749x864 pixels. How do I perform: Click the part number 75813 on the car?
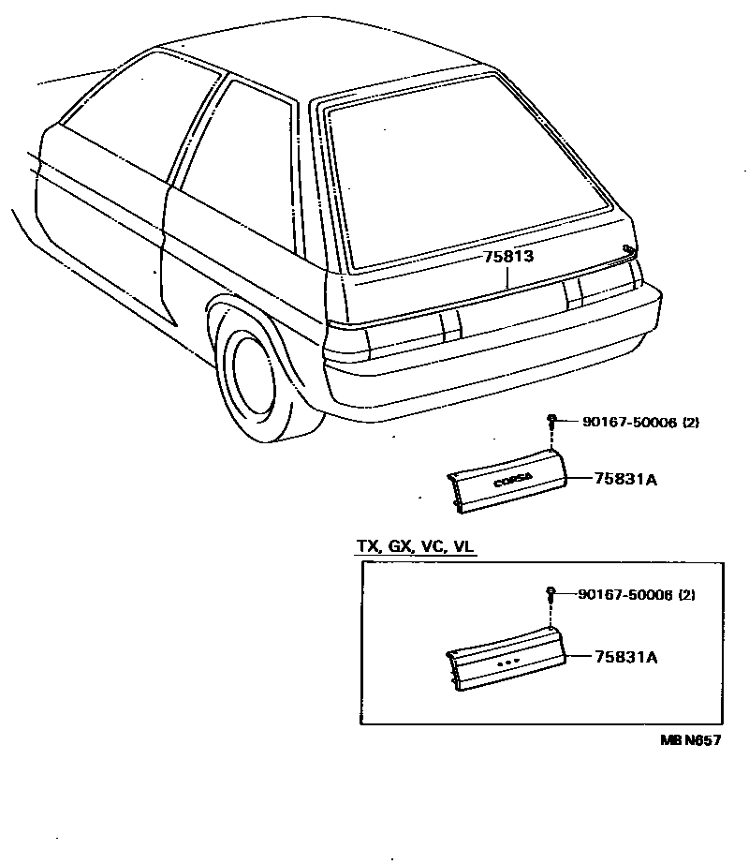[508, 257]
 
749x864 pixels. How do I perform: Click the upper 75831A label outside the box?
[625, 480]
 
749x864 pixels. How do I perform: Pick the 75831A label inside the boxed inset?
[625, 658]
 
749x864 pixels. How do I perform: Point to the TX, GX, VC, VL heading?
[415, 547]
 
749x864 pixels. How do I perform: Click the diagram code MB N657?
[690, 740]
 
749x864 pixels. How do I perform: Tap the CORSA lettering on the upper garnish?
[513, 479]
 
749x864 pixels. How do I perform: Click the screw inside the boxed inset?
[551, 593]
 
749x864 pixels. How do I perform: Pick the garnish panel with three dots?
[507, 661]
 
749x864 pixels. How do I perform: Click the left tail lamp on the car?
[403, 333]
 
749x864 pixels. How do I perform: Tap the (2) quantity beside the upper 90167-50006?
[690, 423]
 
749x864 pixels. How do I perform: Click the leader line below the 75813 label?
[507, 277]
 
